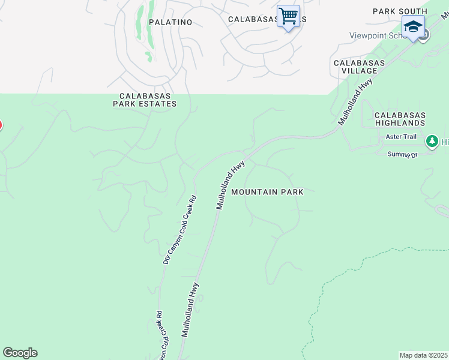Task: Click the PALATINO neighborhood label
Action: click(170, 22)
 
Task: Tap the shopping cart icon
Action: click(288, 16)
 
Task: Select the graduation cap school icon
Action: click(413, 27)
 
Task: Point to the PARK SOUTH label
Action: click(400, 11)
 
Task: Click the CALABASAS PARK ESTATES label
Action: click(145, 100)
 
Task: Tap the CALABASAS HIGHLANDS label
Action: click(400, 119)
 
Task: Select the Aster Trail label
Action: click(402, 137)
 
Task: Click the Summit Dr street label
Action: click(402, 155)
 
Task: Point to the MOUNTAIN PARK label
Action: click(267, 192)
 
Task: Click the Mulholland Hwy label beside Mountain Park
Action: click(231, 184)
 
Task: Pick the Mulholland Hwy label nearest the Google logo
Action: click(190, 311)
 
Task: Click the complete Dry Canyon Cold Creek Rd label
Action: click(179, 230)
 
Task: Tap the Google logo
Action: click(20, 353)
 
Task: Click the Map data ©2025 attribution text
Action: click(423, 355)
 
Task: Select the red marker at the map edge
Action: click(1, 125)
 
